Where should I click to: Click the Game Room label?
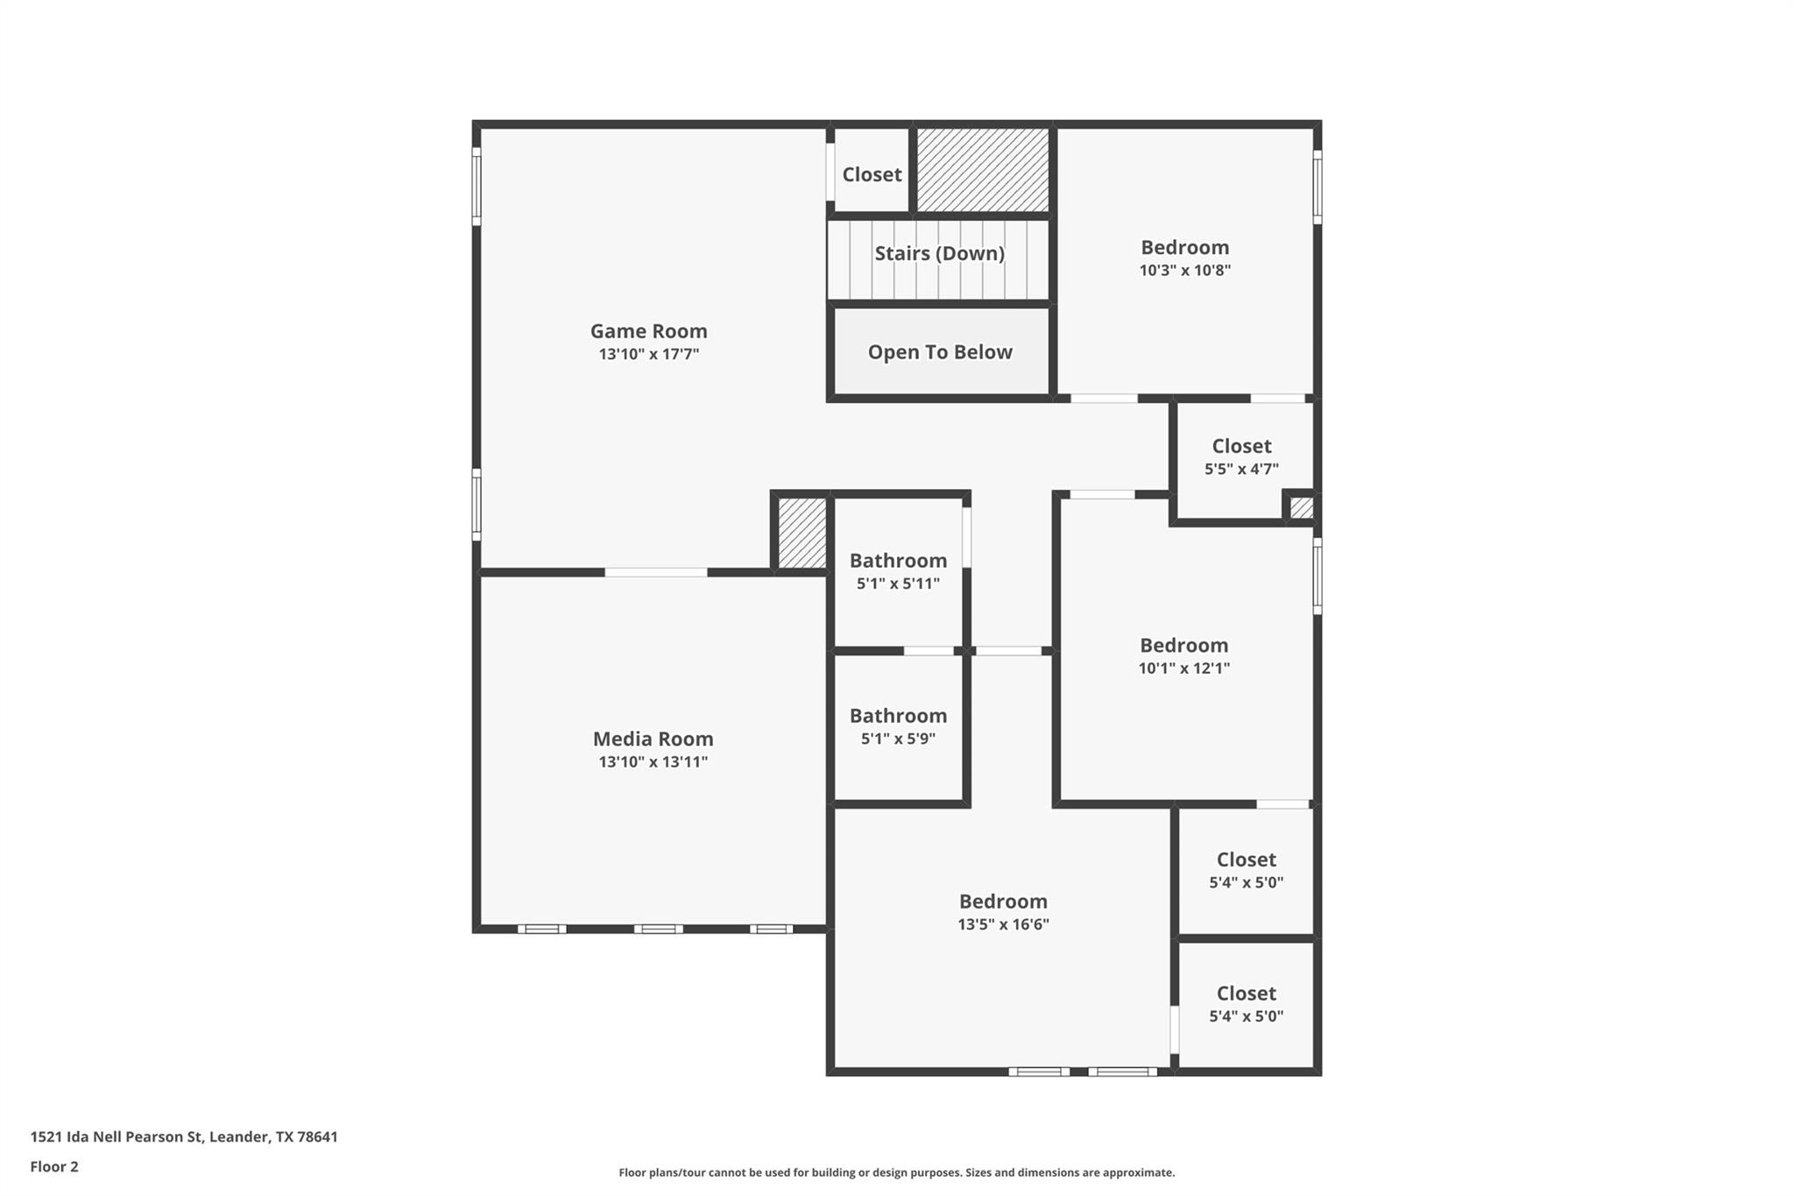pos(648,331)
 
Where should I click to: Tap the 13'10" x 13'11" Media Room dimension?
pos(653,761)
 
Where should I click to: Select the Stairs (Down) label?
pos(939,253)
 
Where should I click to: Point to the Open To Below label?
pos(940,352)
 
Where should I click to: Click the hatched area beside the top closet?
pos(982,169)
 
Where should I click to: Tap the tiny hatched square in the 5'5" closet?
pos(1301,507)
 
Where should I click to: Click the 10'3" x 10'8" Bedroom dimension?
pos(1184,270)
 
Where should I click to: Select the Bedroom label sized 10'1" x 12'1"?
pos(1183,646)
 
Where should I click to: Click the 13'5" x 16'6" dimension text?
pos(1003,924)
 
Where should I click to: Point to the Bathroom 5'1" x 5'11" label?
pos(898,561)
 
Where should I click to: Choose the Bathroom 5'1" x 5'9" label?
pos(898,716)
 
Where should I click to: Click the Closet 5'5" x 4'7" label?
pos(1241,446)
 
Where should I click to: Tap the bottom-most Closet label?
pos(1246,994)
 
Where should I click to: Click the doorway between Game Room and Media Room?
pos(655,572)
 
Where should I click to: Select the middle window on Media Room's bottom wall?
pos(658,929)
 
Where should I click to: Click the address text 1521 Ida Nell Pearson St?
pos(184,1136)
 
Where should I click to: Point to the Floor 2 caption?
pos(54,1166)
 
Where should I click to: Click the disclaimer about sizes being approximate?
pos(896,1172)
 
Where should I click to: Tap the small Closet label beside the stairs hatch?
pos(872,174)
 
